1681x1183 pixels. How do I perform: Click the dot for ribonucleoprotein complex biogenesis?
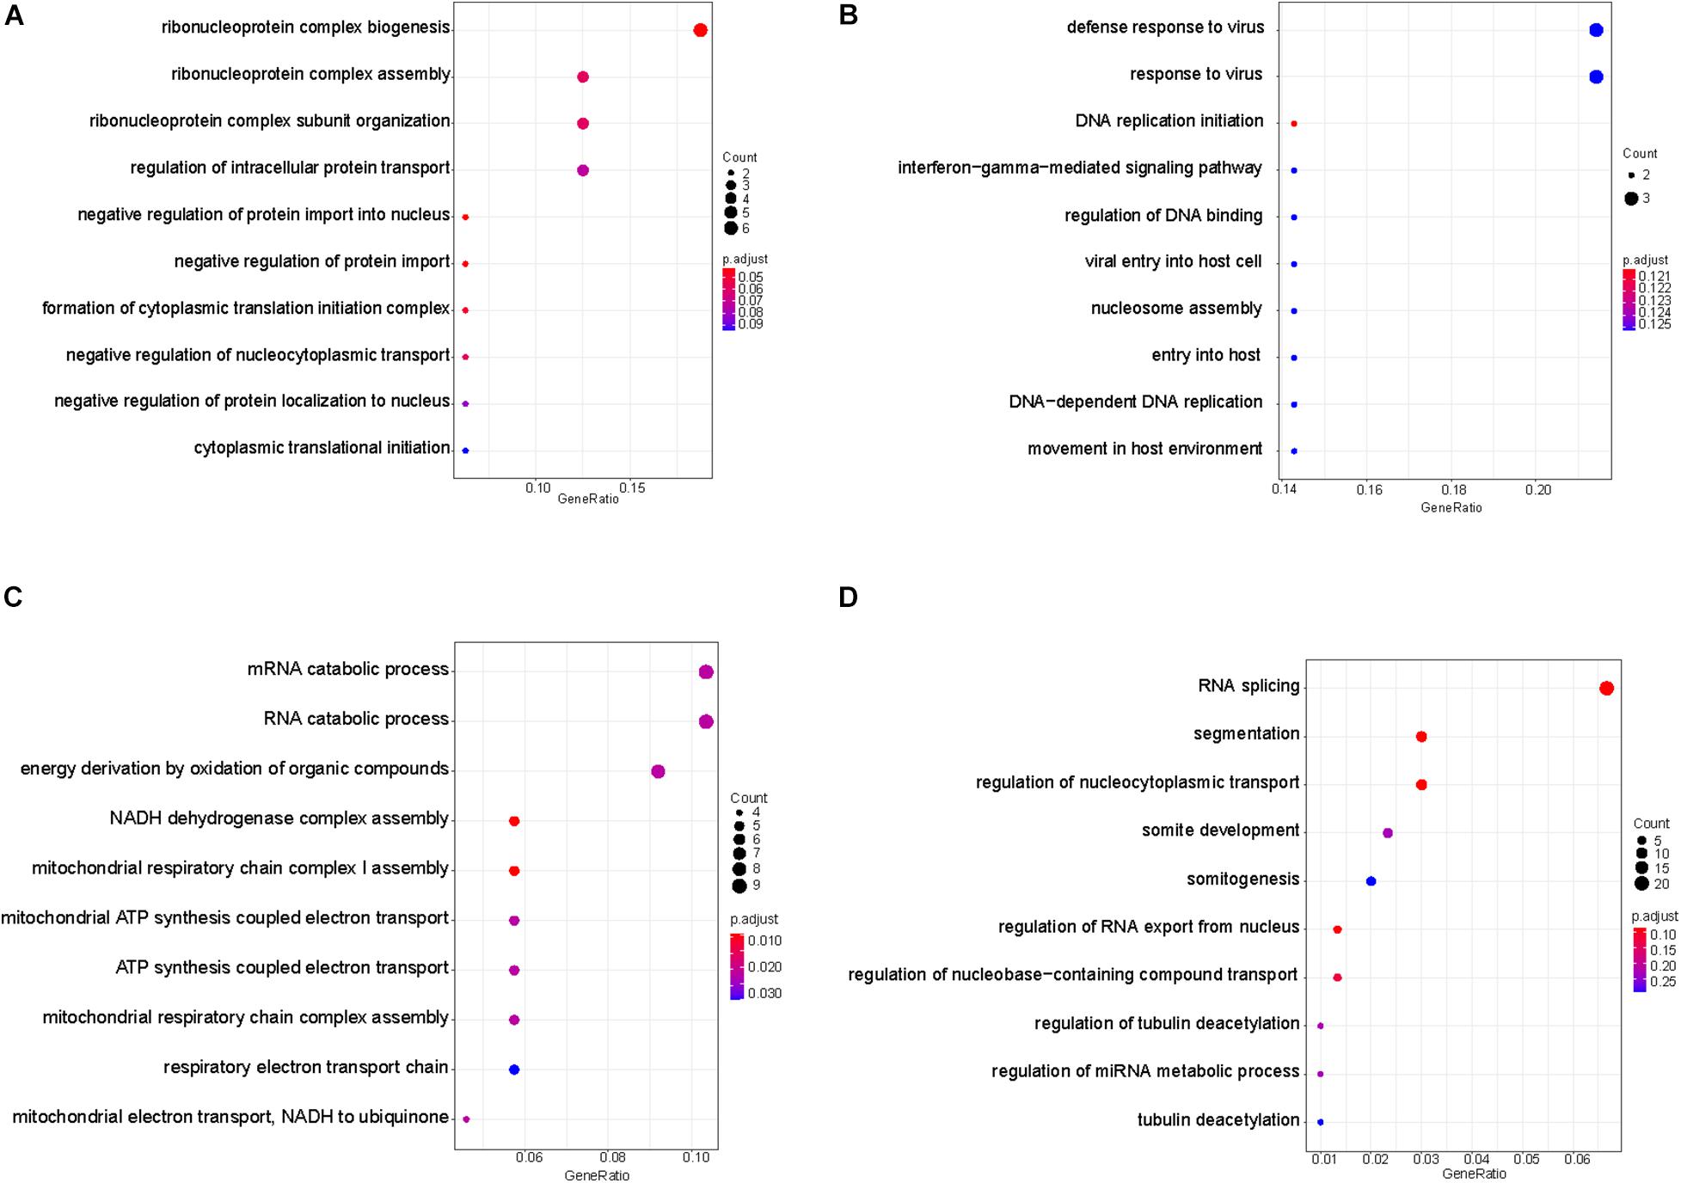700,31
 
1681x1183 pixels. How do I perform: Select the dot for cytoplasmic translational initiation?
465,451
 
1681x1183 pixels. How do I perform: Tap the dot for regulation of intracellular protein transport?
583,170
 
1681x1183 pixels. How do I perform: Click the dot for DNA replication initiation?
1294,124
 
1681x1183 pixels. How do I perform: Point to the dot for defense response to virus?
1597,30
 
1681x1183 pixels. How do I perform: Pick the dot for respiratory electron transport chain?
514,1070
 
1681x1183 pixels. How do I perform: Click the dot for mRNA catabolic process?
706,672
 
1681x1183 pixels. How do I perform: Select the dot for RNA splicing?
1606,688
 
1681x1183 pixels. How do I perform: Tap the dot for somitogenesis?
1371,881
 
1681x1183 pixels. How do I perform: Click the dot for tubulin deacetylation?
1321,1122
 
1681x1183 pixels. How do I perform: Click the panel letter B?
848,15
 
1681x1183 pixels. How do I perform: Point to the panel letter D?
848,597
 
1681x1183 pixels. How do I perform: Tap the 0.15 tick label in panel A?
632,488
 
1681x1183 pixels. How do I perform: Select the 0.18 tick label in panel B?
1454,490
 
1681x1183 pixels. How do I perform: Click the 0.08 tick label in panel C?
612,1157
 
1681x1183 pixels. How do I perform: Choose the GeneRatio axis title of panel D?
1474,1174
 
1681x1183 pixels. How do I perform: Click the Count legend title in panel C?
749,798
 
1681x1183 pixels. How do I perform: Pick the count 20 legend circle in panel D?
1641,884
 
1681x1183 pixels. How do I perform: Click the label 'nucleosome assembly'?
1176,309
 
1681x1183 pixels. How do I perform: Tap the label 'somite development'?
1220,831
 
